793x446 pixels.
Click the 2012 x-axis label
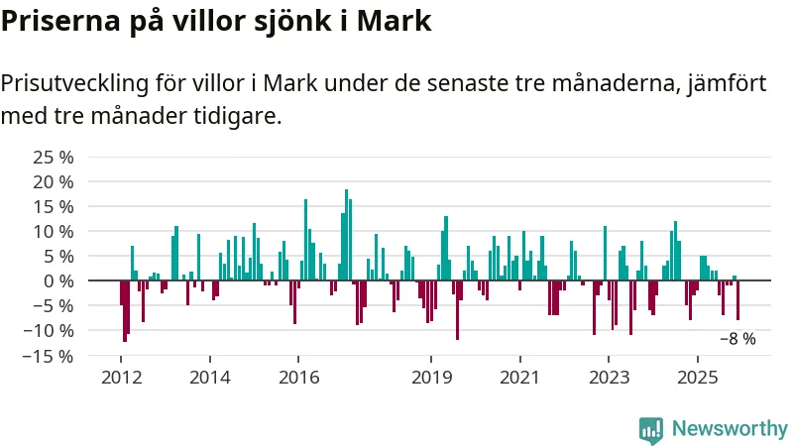tap(120, 378)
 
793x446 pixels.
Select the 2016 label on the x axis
tap(298, 378)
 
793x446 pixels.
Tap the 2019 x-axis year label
tap(430, 378)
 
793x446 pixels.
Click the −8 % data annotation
tap(736, 339)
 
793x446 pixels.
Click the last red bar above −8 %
tap(737, 300)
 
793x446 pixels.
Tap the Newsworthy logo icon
tap(651, 428)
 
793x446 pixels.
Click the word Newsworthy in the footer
tap(730, 428)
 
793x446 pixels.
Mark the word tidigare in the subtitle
tap(239, 116)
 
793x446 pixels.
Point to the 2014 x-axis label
tap(209, 378)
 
